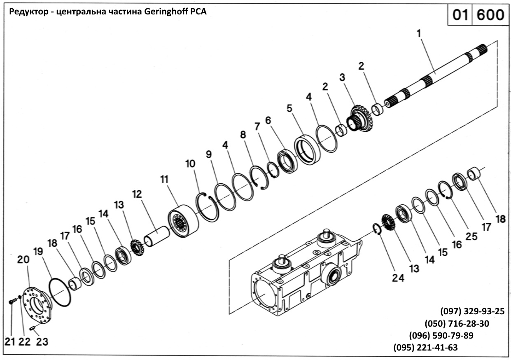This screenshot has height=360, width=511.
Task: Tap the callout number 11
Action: click(x=164, y=180)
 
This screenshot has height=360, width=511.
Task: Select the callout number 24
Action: click(x=398, y=278)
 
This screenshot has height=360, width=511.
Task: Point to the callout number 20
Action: click(x=23, y=259)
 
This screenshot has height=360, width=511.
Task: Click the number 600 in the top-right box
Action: click(x=490, y=16)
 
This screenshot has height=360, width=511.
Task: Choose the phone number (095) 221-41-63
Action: click(x=426, y=347)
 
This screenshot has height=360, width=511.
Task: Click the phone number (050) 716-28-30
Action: click(x=457, y=323)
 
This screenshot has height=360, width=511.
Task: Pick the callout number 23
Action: click(x=42, y=341)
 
